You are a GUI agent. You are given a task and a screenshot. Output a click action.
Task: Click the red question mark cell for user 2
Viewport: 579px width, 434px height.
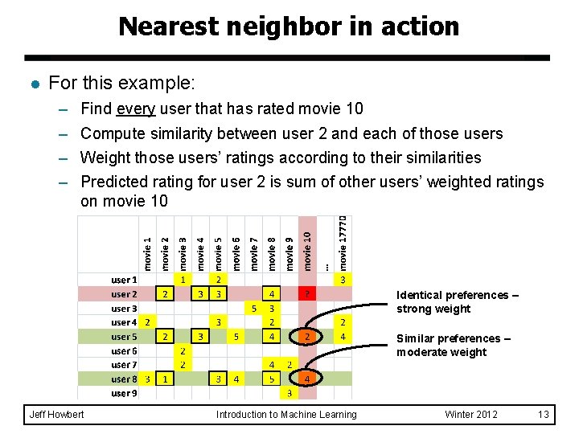306,295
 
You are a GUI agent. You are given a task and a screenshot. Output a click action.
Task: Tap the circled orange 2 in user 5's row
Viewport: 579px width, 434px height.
306,337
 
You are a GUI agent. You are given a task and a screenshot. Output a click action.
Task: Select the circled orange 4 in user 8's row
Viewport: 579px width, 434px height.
306,379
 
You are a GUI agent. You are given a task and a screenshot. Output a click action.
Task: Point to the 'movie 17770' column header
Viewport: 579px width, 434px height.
343,241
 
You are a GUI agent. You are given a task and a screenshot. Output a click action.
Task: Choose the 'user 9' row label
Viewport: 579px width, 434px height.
124,393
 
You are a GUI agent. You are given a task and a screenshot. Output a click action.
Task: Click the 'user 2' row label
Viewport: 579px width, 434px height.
124,295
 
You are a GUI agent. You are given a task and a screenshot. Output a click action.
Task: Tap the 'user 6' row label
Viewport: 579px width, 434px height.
124,351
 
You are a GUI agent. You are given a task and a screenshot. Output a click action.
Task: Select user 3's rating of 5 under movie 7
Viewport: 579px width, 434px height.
254,309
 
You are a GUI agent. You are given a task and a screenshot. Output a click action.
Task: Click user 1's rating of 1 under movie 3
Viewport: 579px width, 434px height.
183,280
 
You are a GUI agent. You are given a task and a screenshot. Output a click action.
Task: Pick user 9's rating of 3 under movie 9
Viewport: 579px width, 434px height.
289,393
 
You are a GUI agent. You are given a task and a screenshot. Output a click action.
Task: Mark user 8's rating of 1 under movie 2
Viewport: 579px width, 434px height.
165,379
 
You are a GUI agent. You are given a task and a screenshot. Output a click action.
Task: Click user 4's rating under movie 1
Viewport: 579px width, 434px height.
148,323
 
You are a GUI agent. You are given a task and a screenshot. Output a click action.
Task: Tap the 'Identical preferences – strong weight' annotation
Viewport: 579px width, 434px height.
458,302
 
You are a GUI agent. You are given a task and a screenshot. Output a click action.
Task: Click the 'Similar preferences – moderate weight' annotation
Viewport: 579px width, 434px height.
453,346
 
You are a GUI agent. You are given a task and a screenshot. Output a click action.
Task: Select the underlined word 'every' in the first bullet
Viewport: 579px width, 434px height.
135,109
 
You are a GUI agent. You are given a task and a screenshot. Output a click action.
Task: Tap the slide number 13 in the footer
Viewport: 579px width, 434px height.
544,415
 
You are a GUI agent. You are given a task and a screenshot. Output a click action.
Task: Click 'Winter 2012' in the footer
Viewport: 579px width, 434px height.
471,415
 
